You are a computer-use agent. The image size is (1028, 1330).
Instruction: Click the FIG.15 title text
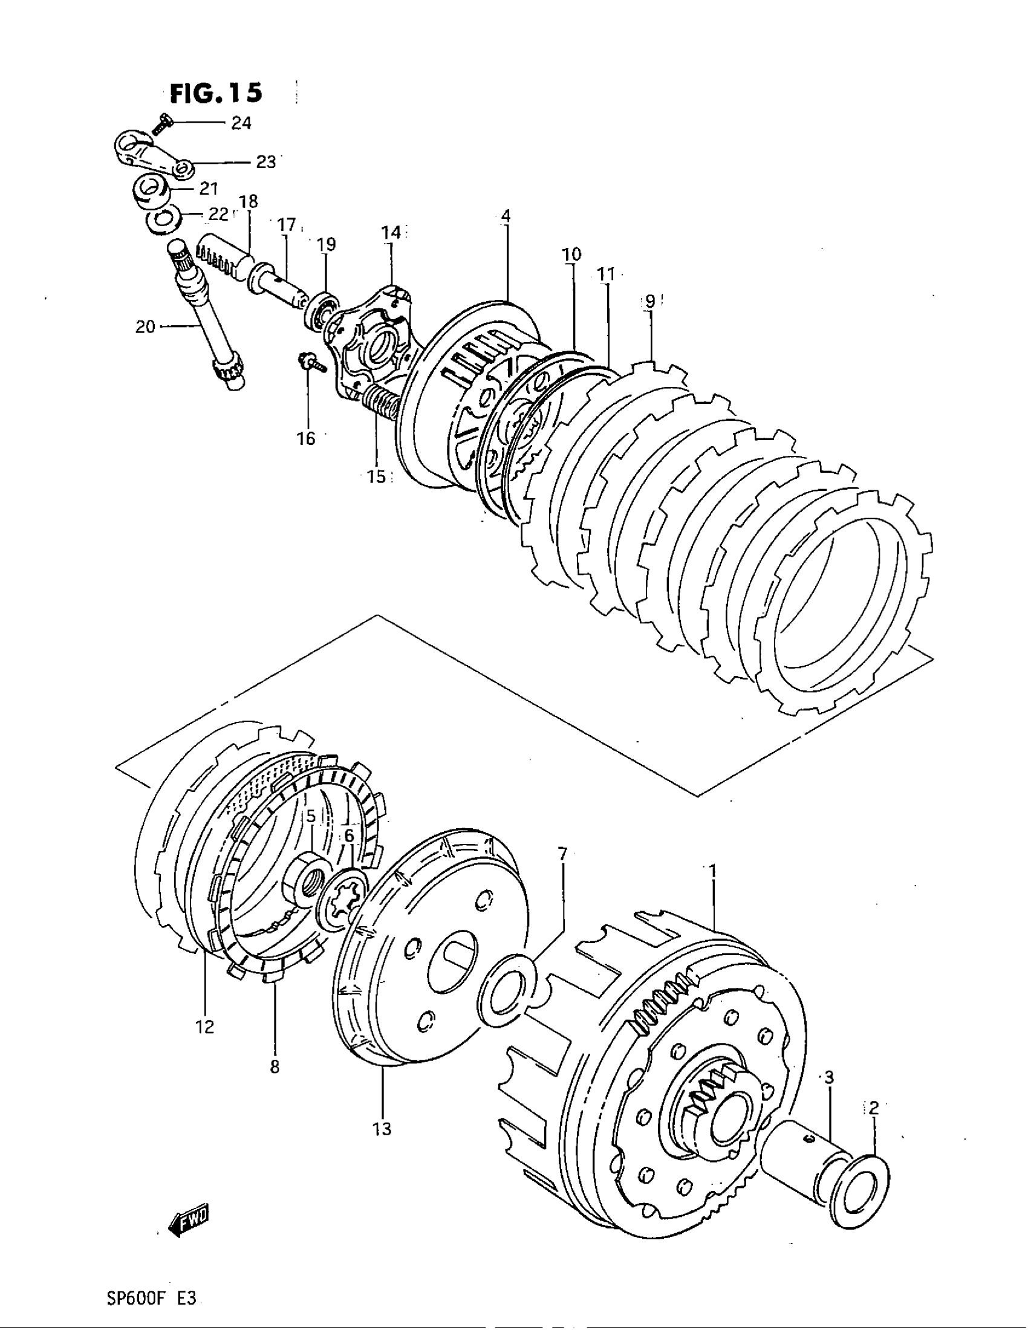216,93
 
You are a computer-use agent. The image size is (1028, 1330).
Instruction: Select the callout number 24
241,123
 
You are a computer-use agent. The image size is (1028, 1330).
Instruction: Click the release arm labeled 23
152,157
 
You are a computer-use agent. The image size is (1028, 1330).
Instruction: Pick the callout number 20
145,327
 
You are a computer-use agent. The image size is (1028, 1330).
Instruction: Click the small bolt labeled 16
310,363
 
